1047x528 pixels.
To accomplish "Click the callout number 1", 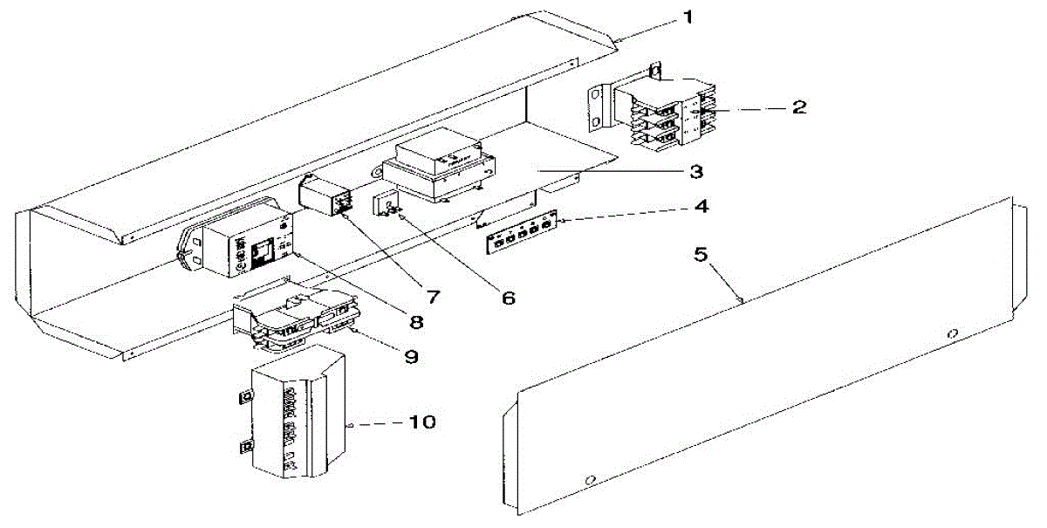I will coord(689,17).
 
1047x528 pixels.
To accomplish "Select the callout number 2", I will coord(798,108).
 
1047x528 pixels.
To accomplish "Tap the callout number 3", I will coord(696,171).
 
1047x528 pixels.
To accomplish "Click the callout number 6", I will coord(508,298).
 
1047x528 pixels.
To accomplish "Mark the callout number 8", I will coord(416,321).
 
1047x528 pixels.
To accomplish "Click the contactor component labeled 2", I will coord(672,109).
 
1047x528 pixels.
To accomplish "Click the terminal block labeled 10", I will coord(292,419).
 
